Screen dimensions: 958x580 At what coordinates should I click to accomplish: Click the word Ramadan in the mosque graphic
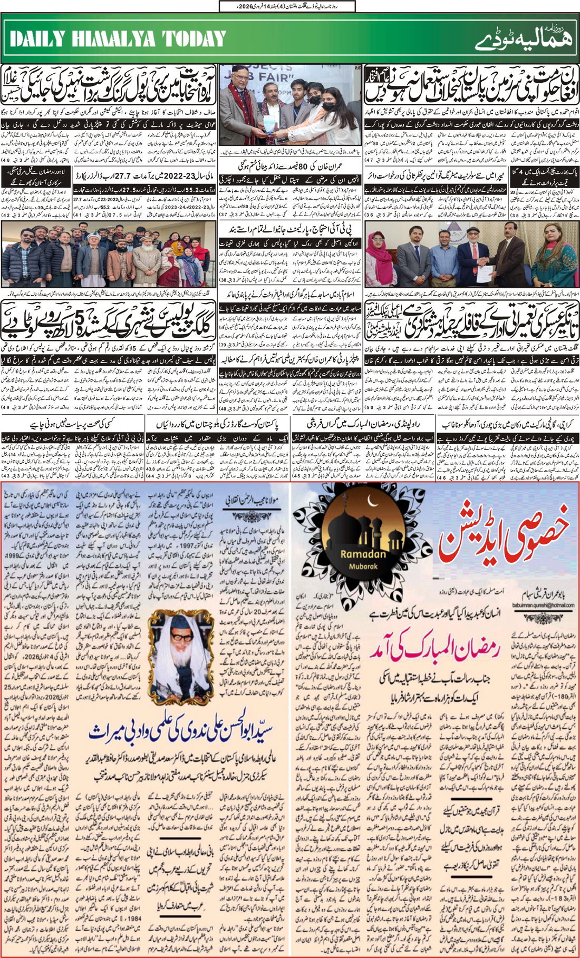pyautogui.click(x=363, y=554)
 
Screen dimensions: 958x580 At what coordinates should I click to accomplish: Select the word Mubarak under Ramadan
pyautogui.click(x=363, y=566)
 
